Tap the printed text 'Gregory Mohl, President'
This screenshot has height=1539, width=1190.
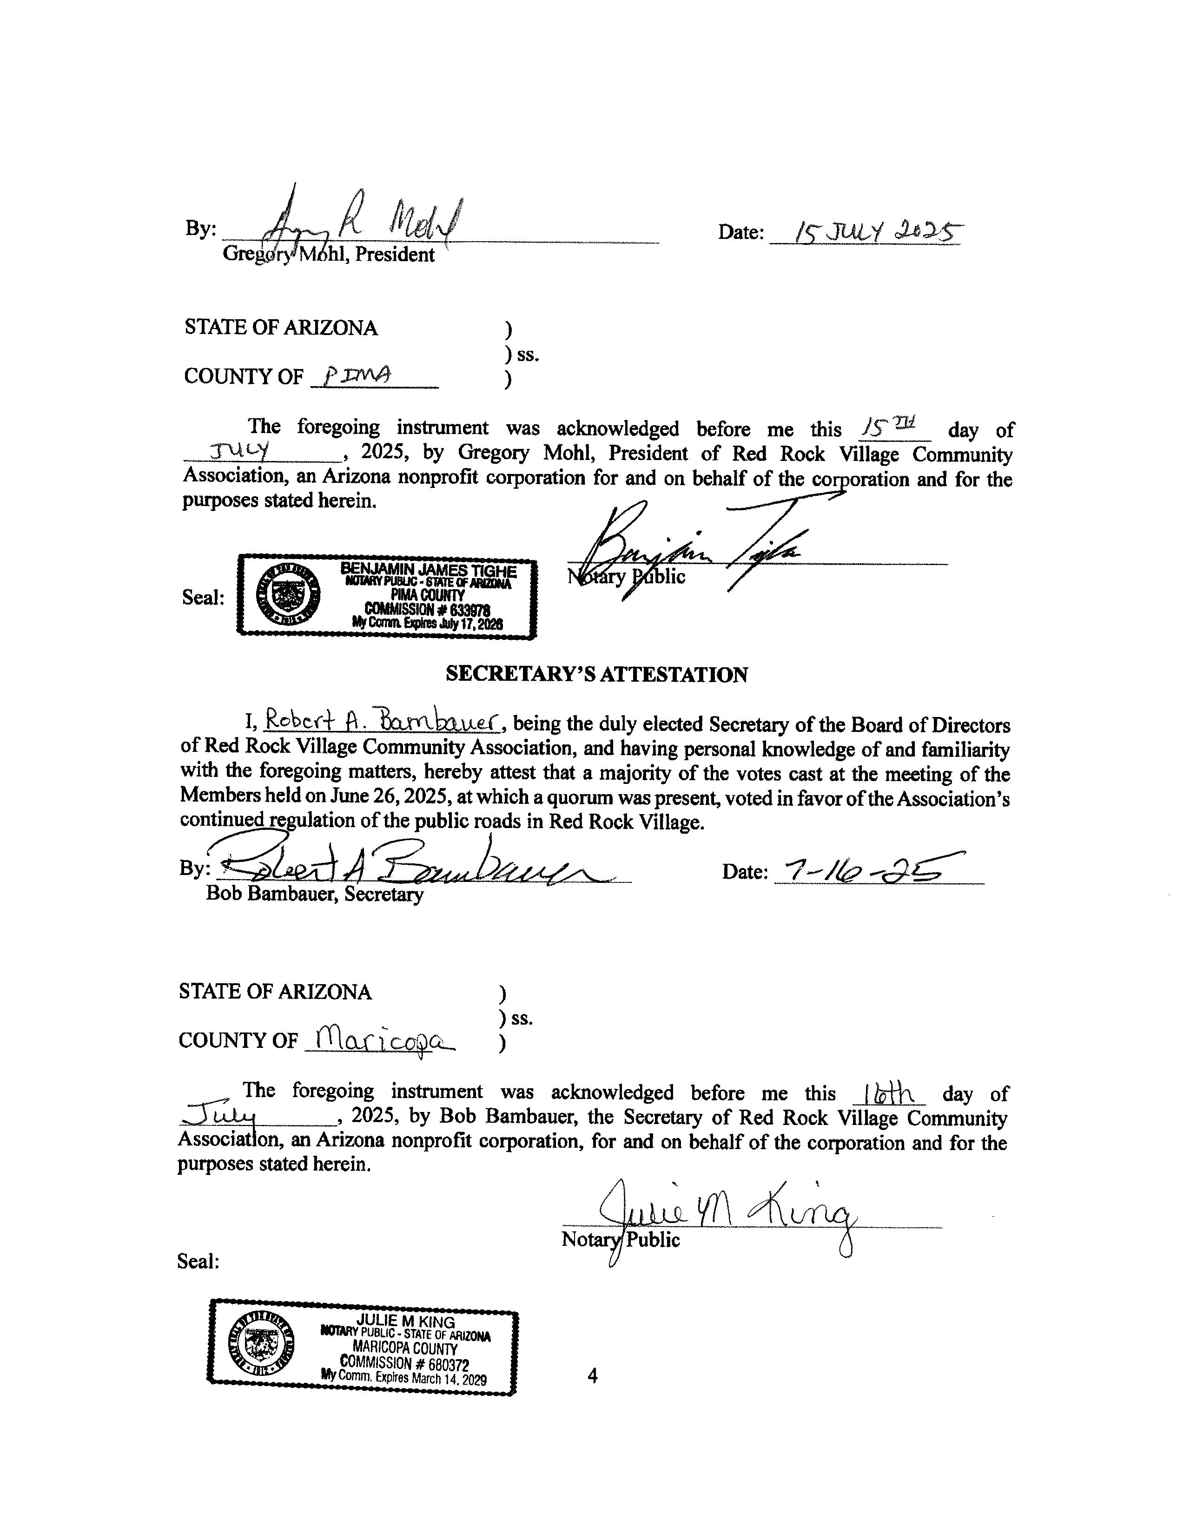coord(329,254)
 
